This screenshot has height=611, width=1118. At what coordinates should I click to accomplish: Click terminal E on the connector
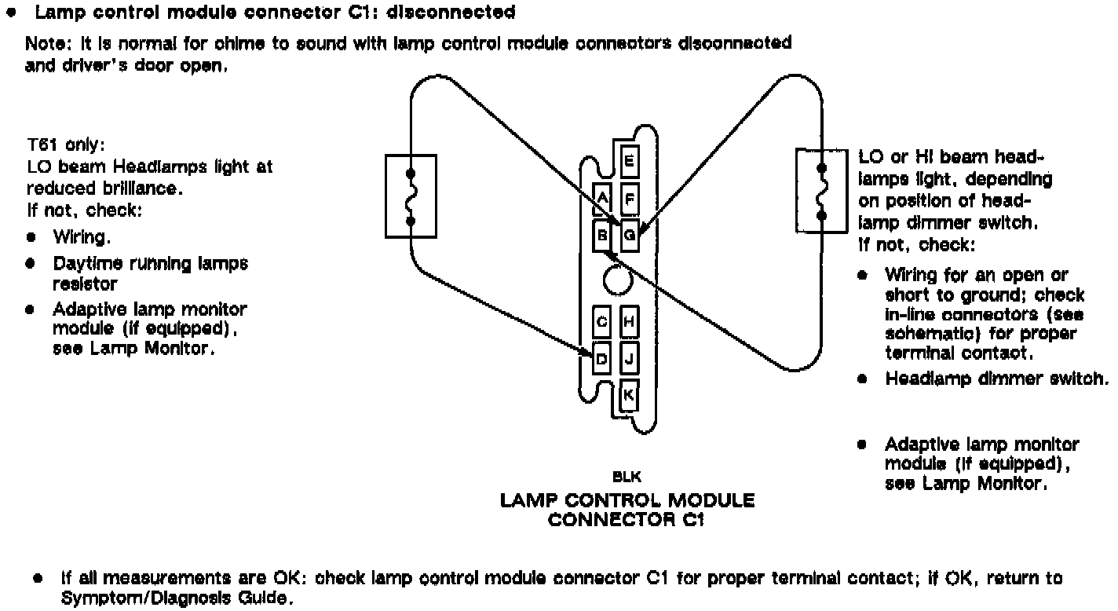coord(629,163)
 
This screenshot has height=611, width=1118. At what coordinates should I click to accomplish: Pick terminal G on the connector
coord(629,234)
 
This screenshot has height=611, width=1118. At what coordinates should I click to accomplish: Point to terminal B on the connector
coord(602,234)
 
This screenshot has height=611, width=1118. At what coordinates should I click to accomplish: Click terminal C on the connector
coord(602,321)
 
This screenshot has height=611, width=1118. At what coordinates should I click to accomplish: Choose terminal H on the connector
coord(629,321)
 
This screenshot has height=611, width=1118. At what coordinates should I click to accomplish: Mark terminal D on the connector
coord(602,360)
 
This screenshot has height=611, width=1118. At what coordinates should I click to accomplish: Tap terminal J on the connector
coord(629,360)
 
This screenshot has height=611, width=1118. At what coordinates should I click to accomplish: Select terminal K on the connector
coord(629,395)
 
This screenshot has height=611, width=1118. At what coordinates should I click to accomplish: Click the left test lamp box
coord(410,196)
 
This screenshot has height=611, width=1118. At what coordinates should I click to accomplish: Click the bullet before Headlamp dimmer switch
coord(862,379)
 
